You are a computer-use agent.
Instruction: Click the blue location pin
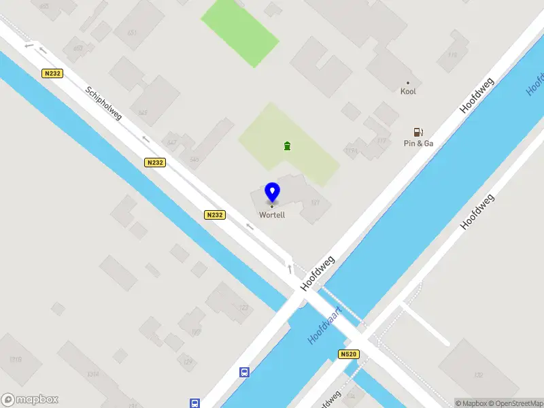(272, 192)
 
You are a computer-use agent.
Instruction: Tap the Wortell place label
(272, 216)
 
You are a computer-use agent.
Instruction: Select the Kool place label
(408, 91)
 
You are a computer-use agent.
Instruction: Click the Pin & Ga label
(419, 143)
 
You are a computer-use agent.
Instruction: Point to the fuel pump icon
(419, 132)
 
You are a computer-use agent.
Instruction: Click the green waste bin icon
(288, 146)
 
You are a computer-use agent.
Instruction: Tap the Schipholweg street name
(104, 103)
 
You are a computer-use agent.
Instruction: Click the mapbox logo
(30, 400)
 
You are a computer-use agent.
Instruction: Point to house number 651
(132, 32)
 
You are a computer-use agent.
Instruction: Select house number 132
(477, 375)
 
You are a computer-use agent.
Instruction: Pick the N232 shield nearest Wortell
(214, 215)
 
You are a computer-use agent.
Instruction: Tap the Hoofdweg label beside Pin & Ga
(477, 95)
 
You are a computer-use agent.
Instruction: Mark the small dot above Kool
(408, 82)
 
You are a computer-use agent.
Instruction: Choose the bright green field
(239, 31)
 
